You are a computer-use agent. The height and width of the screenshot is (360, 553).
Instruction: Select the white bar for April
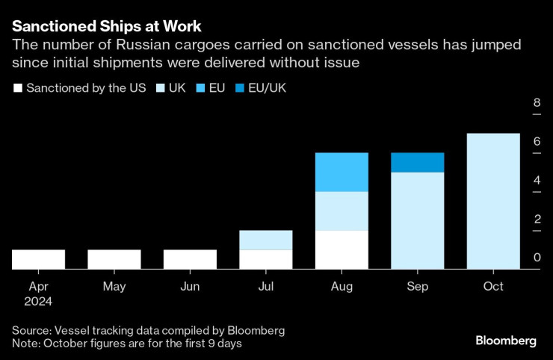pyautogui.click(x=39, y=259)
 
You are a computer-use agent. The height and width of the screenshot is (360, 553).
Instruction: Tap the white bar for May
pyautogui.click(x=114, y=259)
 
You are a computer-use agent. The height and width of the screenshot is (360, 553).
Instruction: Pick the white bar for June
pyautogui.click(x=190, y=259)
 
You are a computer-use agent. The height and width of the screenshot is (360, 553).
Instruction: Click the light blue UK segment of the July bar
pyautogui.click(x=265, y=240)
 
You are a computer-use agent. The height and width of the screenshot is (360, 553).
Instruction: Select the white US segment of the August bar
pyautogui.click(x=342, y=249)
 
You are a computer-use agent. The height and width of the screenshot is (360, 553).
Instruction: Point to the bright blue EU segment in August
pyautogui.click(x=342, y=172)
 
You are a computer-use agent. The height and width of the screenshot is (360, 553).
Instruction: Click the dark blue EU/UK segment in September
pyautogui.click(x=417, y=162)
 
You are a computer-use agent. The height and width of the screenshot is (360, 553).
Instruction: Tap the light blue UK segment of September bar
pyautogui.click(x=417, y=220)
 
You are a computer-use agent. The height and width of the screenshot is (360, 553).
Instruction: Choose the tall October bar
pyautogui.click(x=493, y=201)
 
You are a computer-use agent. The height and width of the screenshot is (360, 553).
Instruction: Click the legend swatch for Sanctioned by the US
pyautogui.click(x=17, y=88)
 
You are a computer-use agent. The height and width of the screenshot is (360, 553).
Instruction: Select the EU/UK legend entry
pyautogui.click(x=265, y=88)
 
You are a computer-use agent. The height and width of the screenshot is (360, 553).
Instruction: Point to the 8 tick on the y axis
pyautogui.click(x=537, y=103)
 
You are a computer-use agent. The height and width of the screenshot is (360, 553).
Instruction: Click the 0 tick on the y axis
pyautogui.click(x=537, y=258)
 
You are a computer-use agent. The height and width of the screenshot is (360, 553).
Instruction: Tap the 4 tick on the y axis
pyautogui.click(x=537, y=181)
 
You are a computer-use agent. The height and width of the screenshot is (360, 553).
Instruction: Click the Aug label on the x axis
pyautogui.click(x=342, y=287)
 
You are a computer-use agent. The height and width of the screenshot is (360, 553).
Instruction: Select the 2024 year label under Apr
pyautogui.click(x=39, y=302)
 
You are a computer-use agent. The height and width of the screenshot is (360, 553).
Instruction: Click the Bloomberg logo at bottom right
pyautogui.click(x=505, y=341)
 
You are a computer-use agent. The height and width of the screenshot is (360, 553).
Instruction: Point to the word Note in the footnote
pyautogui.click(x=25, y=343)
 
